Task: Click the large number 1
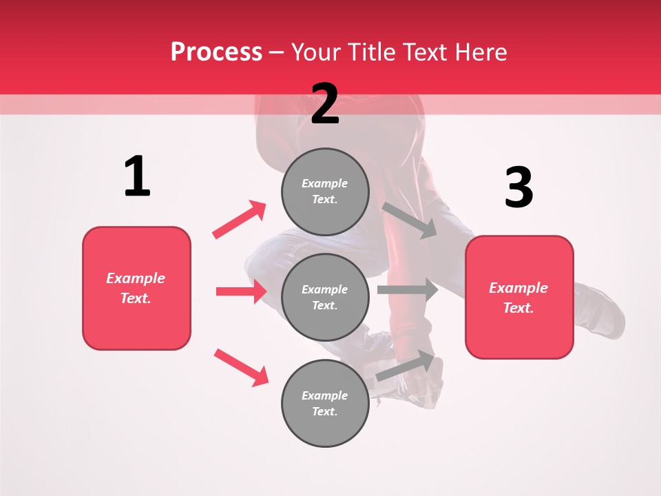[x=137, y=176]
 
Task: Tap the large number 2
[x=325, y=103]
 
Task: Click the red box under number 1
[x=136, y=288]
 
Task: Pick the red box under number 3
[x=519, y=298]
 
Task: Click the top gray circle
[x=325, y=192]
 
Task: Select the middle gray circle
[x=325, y=297]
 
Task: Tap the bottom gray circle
[x=325, y=403]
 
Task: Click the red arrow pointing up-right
[x=240, y=219]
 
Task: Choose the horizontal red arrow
[x=241, y=291]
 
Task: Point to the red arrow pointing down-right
[x=241, y=367]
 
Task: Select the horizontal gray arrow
[x=408, y=289]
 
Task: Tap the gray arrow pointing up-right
[x=406, y=366]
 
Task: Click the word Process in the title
[x=216, y=52]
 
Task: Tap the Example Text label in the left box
[x=136, y=288]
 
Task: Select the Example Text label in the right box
[x=518, y=298]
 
